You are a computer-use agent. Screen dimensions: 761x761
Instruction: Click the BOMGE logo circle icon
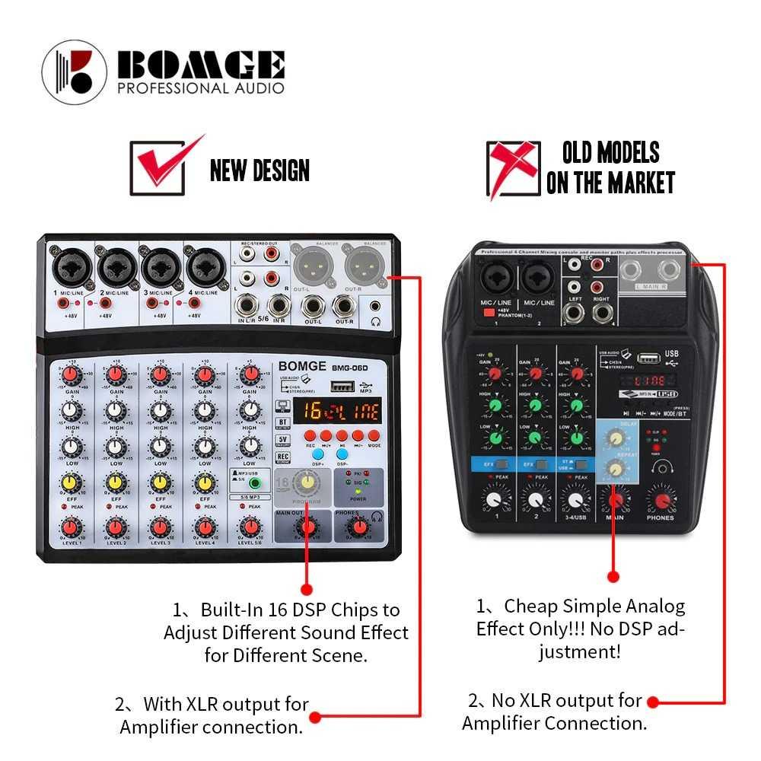tap(75, 72)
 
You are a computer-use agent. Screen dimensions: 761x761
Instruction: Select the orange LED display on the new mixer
tap(339, 412)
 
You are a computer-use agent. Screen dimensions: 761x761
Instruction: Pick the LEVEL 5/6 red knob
tap(249, 527)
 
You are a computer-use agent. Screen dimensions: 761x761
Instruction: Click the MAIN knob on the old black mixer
tap(615, 500)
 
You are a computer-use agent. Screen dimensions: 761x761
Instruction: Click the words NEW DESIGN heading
tap(260, 170)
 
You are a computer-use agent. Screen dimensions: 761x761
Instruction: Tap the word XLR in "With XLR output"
tap(200, 704)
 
